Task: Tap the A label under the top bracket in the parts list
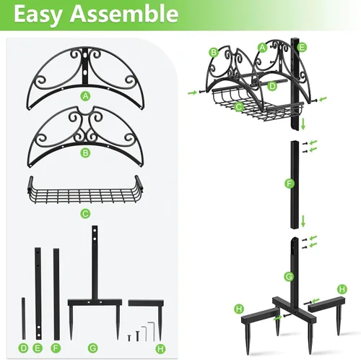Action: point(86,95)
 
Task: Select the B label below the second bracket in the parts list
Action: point(86,152)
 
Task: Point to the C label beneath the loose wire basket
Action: point(85,213)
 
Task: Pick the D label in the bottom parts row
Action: point(23,348)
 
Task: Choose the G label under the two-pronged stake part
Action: point(92,348)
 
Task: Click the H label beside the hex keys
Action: point(160,348)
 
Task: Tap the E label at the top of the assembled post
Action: point(302,47)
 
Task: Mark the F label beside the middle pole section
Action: point(289,185)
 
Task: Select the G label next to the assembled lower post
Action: point(288,276)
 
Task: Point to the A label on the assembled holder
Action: point(263,48)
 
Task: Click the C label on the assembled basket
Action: point(238,106)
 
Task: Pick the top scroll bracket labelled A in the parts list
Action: point(86,69)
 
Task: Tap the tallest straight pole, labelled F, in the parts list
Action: point(56,293)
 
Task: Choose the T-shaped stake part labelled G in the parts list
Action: point(93,289)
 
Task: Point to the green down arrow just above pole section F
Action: point(304,124)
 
